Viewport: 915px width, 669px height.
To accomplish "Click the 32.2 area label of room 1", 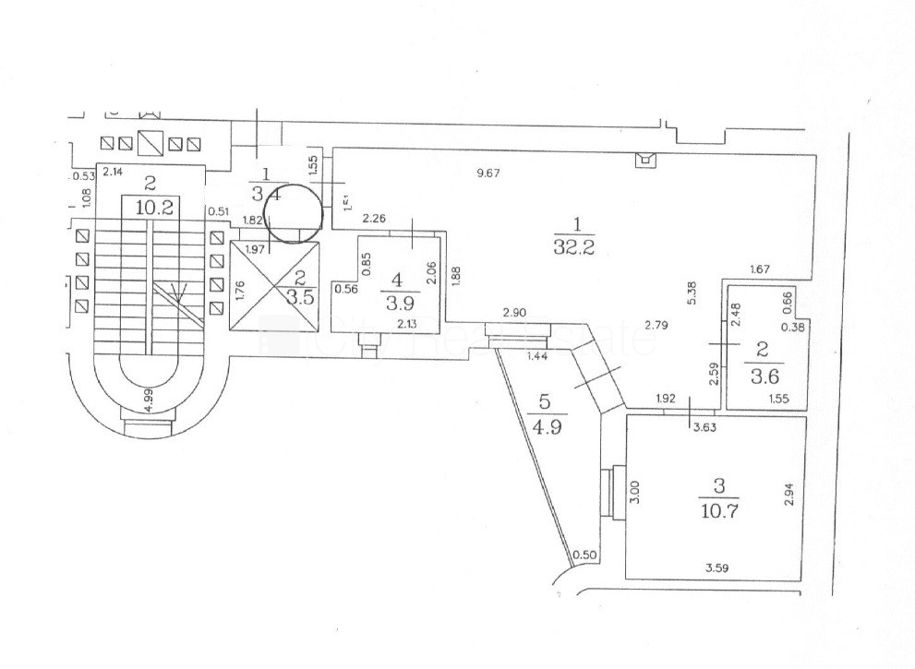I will click(x=578, y=245).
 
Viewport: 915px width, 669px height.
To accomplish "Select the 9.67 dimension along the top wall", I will click(x=488, y=173).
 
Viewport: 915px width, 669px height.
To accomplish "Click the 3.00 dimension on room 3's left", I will click(x=633, y=490).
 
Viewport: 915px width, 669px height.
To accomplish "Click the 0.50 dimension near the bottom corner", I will click(x=584, y=555).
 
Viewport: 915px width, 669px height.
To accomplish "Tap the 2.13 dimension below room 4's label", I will click(x=407, y=323).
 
